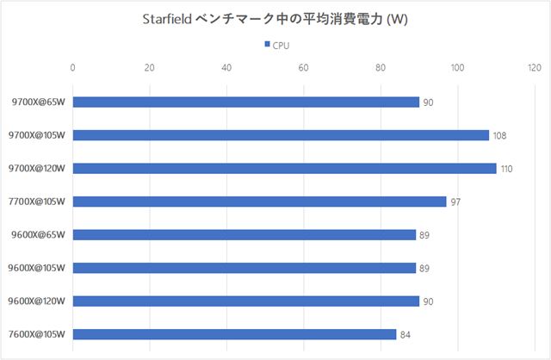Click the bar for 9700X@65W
click(245, 102)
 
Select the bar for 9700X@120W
click(284, 168)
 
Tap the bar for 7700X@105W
click(259, 202)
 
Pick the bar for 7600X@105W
click(234, 334)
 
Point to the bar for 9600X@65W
click(244, 234)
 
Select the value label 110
click(506, 169)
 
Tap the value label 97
click(455, 202)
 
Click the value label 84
click(406, 334)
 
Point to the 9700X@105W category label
click(38, 135)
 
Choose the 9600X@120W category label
click(38, 301)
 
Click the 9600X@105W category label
click(38, 268)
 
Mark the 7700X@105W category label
click(38, 202)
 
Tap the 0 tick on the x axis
click(73, 67)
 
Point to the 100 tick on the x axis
click(457, 67)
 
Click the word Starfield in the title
click(169, 20)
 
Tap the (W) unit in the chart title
click(398, 20)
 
